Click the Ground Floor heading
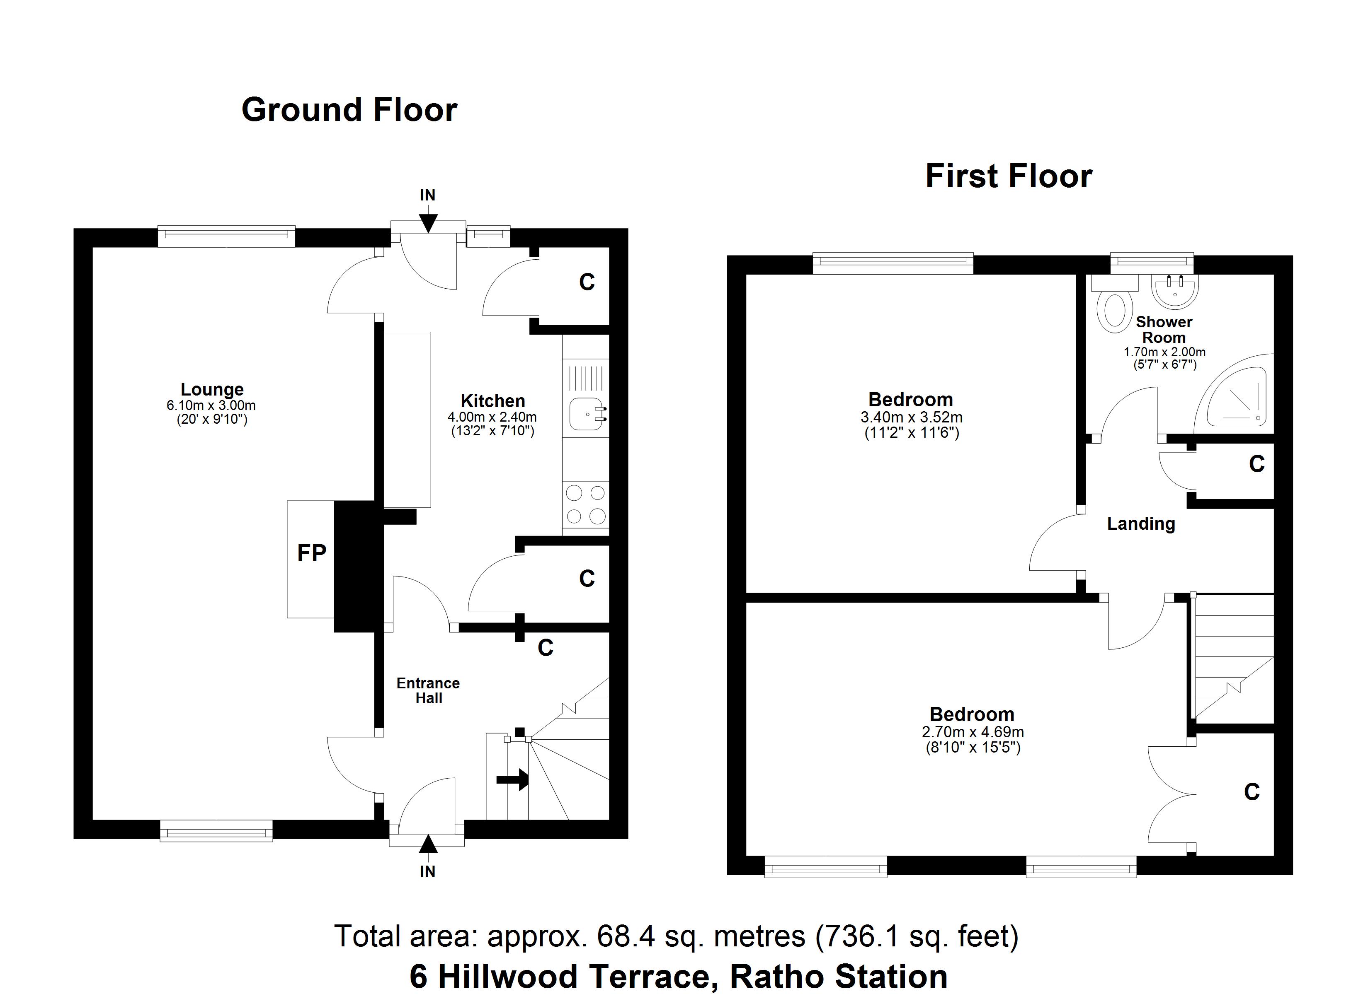pyautogui.click(x=349, y=110)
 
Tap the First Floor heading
pyautogui.click(x=1009, y=176)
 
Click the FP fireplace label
pyautogui.click(x=311, y=553)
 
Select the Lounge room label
pyautogui.click(x=212, y=389)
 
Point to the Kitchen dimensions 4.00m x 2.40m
pyautogui.click(x=492, y=417)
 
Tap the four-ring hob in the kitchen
pyautogui.click(x=585, y=504)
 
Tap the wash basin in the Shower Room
pyautogui.click(x=1174, y=291)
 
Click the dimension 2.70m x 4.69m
pyautogui.click(x=973, y=732)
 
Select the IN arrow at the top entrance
pyautogui.click(x=428, y=222)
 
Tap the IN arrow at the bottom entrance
pyautogui.click(x=428, y=844)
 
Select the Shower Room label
pyautogui.click(x=1164, y=330)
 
